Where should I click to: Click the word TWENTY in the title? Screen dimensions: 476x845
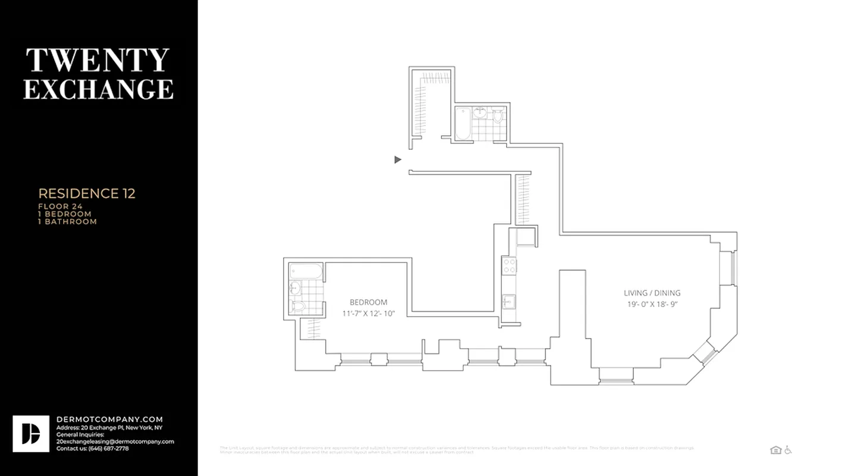(98, 60)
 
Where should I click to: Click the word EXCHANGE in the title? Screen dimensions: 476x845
(98, 89)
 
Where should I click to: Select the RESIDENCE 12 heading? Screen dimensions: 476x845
(87, 193)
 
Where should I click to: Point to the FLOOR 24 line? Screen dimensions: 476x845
(60, 206)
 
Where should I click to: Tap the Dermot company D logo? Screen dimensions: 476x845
(31, 434)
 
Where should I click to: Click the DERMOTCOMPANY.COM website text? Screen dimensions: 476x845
(109, 419)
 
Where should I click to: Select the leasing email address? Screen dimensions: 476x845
(115, 441)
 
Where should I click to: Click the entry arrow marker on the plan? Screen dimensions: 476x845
(398, 159)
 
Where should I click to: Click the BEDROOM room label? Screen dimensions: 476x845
(368, 302)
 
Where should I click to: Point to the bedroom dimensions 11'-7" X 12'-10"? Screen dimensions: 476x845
(368, 314)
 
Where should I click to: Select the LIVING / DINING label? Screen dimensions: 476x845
(652, 293)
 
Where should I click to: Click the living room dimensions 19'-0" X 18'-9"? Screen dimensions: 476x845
(652, 305)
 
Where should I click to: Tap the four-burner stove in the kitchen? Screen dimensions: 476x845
(509, 265)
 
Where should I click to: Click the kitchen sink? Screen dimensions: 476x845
(508, 301)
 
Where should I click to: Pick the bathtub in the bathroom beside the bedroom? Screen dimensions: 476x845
(306, 271)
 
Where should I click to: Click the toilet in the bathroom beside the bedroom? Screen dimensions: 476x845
(298, 306)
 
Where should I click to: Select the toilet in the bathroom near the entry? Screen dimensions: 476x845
(498, 116)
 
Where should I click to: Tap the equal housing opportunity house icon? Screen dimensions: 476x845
(775, 450)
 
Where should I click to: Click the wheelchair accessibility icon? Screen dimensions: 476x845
(788, 450)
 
